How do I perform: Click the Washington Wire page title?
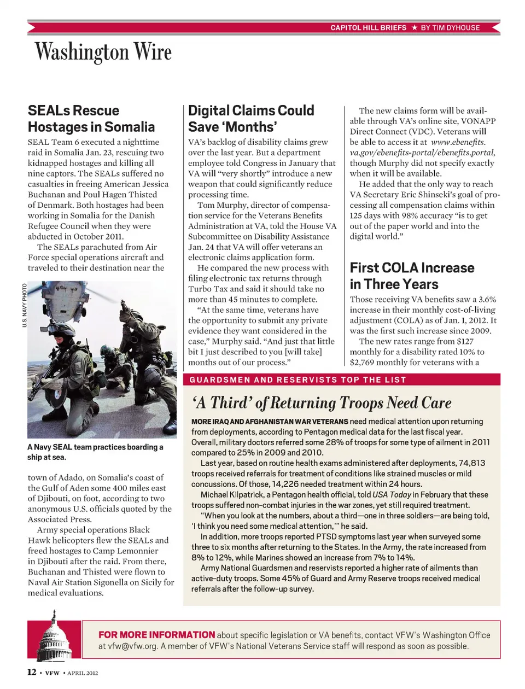pyautogui.click(x=103, y=52)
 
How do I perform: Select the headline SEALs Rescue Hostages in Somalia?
pyautogui.click(x=91, y=119)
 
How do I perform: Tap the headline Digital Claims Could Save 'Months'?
pyautogui.click(x=251, y=119)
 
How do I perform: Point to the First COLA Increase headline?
pyautogui.click(x=412, y=276)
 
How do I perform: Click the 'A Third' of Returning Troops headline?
pyautogui.click(x=322, y=403)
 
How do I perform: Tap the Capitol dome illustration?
pyautogui.click(x=54, y=638)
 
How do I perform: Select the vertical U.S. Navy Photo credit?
pyautogui.click(x=25, y=305)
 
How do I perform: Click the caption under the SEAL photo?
pyautogui.click(x=95, y=452)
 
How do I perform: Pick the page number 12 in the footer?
pyautogui.click(x=32, y=672)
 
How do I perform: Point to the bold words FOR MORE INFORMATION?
pyautogui.click(x=156, y=635)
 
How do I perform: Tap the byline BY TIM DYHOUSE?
pyautogui.click(x=450, y=27)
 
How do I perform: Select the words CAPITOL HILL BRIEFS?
pyautogui.click(x=368, y=27)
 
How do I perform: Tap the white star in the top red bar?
pyautogui.click(x=414, y=27)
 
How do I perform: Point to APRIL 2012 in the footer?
pyautogui.click(x=83, y=673)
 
